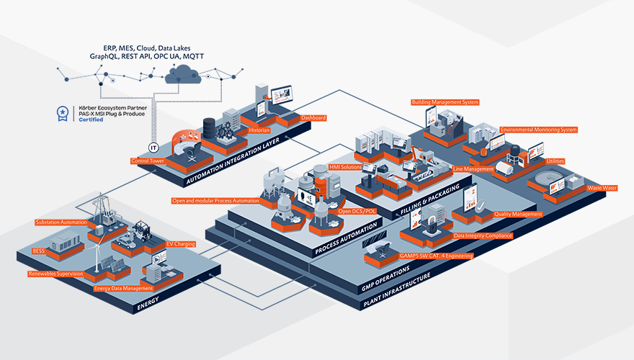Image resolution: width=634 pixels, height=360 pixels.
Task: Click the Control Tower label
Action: [x=148, y=161]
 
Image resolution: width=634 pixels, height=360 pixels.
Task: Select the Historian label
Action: [x=258, y=130]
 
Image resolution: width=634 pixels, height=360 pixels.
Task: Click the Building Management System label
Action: [x=445, y=102]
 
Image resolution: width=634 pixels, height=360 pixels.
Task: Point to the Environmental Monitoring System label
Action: [x=538, y=130]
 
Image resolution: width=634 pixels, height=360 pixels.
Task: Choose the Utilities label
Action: [x=555, y=161]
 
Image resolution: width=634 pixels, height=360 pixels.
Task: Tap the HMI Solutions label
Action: [x=344, y=167]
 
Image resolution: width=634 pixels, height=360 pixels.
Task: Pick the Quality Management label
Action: [x=517, y=214]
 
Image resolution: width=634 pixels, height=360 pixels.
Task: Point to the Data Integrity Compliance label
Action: [x=483, y=235]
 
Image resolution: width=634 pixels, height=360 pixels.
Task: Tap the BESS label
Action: [x=38, y=251]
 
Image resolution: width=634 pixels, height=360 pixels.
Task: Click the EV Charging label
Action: [x=180, y=244]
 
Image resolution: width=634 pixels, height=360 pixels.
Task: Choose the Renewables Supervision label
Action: [x=55, y=274]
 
